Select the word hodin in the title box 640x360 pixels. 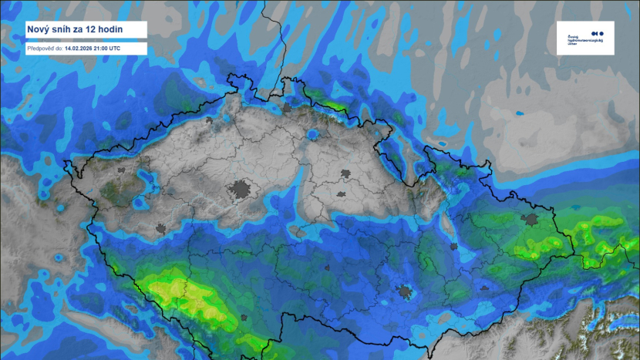pos(119,30)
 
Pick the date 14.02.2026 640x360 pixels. pos(81,48)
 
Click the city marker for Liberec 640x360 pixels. pos(313,135)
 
